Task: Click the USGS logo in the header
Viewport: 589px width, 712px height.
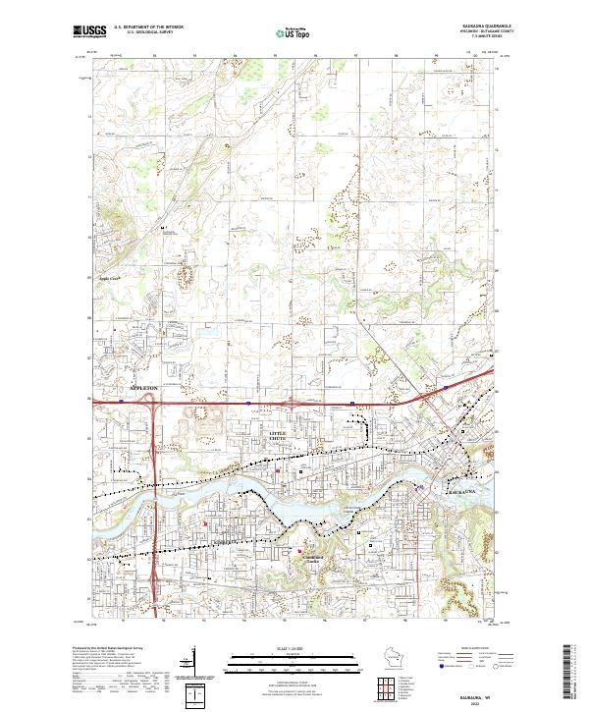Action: click(x=88, y=32)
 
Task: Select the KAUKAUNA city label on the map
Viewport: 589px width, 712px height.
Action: click(x=461, y=488)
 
